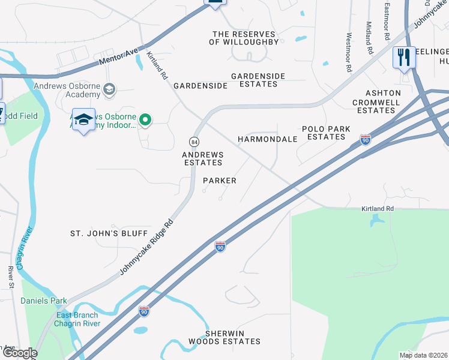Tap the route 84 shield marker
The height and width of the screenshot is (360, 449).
pyautogui.click(x=194, y=142)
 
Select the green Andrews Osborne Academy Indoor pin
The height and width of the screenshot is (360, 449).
pyautogui.click(x=145, y=121)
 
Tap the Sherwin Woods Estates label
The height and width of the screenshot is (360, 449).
pyautogui.click(x=233, y=337)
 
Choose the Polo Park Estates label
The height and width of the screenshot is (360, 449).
pyautogui.click(x=324, y=133)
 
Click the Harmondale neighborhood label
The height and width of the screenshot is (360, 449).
pyautogui.click(x=268, y=139)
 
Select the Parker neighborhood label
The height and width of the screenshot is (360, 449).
pyautogui.click(x=220, y=180)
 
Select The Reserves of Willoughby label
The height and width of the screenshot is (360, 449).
pyautogui.click(x=244, y=38)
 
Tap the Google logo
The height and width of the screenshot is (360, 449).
pyautogui.click(x=19, y=353)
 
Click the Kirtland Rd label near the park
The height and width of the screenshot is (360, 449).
pyautogui.click(x=377, y=208)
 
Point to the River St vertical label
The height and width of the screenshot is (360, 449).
pyautogui.click(x=11, y=277)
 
